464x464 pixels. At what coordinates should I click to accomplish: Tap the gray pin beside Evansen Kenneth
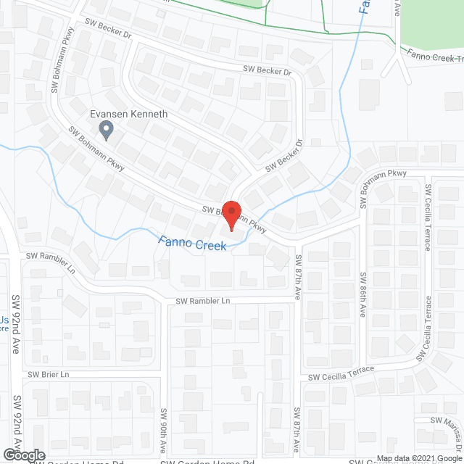pos(107,130)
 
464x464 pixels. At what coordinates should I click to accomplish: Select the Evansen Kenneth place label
pos(128,115)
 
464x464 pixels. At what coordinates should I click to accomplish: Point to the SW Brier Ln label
pos(48,374)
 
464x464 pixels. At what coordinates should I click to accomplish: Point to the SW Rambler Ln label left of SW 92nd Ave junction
pos(51,256)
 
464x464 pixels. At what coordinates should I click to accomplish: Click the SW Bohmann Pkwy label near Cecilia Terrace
pos(384,183)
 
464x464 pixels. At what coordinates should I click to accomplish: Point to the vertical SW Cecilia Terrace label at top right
pos(428,217)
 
